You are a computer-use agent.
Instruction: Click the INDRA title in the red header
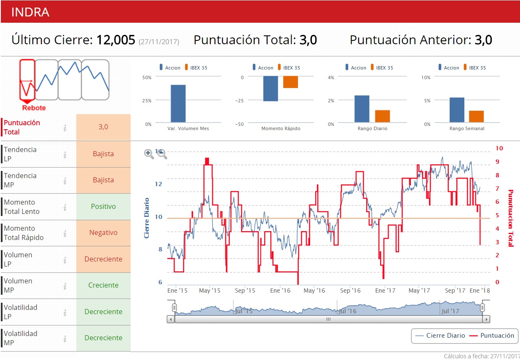[x=30, y=12]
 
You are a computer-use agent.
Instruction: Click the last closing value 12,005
[x=115, y=40]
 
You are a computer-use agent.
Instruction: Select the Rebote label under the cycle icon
[x=34, y=108]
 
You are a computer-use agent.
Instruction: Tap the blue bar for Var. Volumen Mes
[x=178, y=104]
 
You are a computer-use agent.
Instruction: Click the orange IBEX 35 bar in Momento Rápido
[x=290, y=82]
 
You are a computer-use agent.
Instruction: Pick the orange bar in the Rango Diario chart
[x=382, y=116]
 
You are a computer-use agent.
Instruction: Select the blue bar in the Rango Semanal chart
[x=457, y=110]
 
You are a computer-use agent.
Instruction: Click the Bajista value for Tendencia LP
[x=103, y=154]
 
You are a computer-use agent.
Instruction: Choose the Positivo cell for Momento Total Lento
[x=103, y=206]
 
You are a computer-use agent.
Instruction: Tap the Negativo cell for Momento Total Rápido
[x=103, y=232]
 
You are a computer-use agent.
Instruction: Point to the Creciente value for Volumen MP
[x=103, y=285]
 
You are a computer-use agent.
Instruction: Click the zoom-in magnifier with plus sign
[x=149, y=154]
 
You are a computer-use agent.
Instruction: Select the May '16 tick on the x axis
[x=314, y=291]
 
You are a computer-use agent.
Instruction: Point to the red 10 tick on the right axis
[x=499, y=148]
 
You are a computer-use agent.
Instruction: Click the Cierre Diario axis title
[x=147, y=218]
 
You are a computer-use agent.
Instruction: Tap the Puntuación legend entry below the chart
[x=492, y=336]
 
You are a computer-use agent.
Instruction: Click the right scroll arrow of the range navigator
[x=487, y=319]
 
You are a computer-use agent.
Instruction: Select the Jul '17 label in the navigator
[x=450, y=311]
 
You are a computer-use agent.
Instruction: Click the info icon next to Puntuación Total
[x=65, y=128]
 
